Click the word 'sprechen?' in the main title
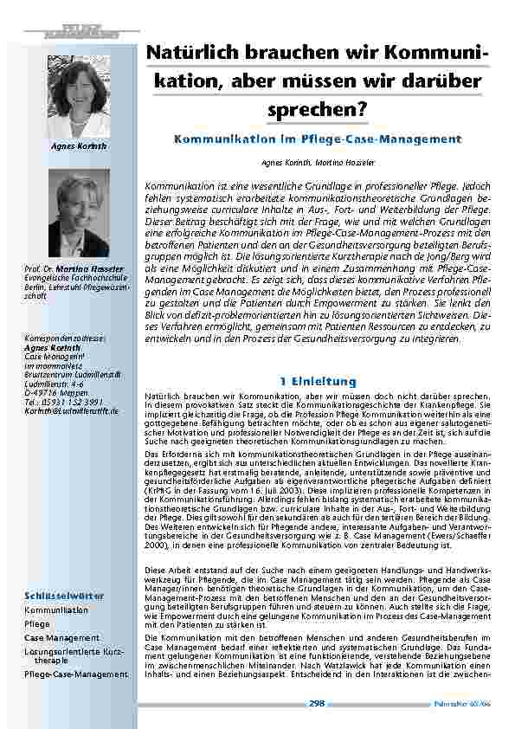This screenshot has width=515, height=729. click(x=319, y=109)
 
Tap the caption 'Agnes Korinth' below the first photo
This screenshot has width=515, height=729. click(x=80, y=146)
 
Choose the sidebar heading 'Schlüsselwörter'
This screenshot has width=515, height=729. click(x=65, y=596)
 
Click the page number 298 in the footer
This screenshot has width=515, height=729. click(x=317, y=703)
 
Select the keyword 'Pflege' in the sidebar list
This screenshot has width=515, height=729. click(x=37, y=623)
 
